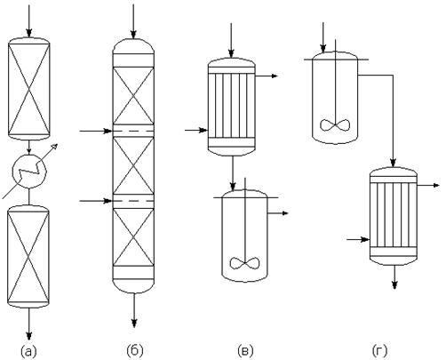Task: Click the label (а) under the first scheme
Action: pos(28,351)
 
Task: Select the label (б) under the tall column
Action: pos(135,351)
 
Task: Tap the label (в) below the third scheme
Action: pos(245,351)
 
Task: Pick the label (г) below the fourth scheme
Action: pos(379,351)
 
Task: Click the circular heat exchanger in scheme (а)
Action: pos(29,172)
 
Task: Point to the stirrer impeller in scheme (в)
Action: pos(245,263)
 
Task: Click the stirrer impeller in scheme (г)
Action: pos(335,124)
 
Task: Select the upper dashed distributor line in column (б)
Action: pos(133,131)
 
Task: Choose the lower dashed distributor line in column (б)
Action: pos(133,201)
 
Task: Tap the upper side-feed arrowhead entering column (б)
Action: pos(108,131)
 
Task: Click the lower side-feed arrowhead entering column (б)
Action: pos(108,201)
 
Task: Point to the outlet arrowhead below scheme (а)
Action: pos(29,335)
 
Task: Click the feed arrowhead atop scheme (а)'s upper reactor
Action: pos(28,33)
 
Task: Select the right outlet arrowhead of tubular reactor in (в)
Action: pos(274,76)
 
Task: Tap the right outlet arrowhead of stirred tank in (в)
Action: pos(284,213)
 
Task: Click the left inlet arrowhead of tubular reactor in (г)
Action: pos(366,239)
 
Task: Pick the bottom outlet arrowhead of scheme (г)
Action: pos(394,284)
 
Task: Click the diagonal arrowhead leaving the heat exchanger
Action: pos(54,147)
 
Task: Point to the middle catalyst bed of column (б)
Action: pos(133,165)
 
